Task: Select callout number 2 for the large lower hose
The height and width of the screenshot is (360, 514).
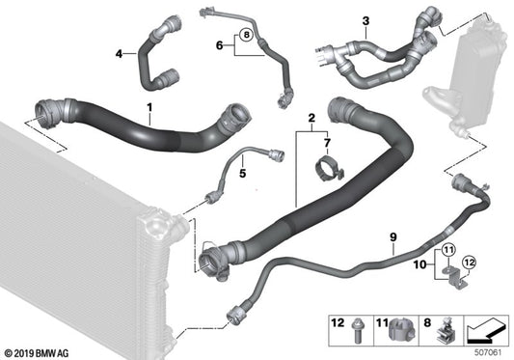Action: [x=311, y=120]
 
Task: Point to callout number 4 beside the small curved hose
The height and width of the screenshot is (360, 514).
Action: [x=120, y=54]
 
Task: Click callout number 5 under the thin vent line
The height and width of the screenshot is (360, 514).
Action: [x=243, y=174]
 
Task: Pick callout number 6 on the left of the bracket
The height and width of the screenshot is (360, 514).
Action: [x=219, y=45]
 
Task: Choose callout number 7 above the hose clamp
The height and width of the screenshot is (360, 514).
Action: [x=326, y=143]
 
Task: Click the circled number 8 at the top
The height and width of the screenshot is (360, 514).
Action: [x=247, y=36]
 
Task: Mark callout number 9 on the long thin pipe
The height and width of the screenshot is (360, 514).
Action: [x=393, y=234]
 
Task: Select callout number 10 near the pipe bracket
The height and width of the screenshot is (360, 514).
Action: [x=419, y=263]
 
